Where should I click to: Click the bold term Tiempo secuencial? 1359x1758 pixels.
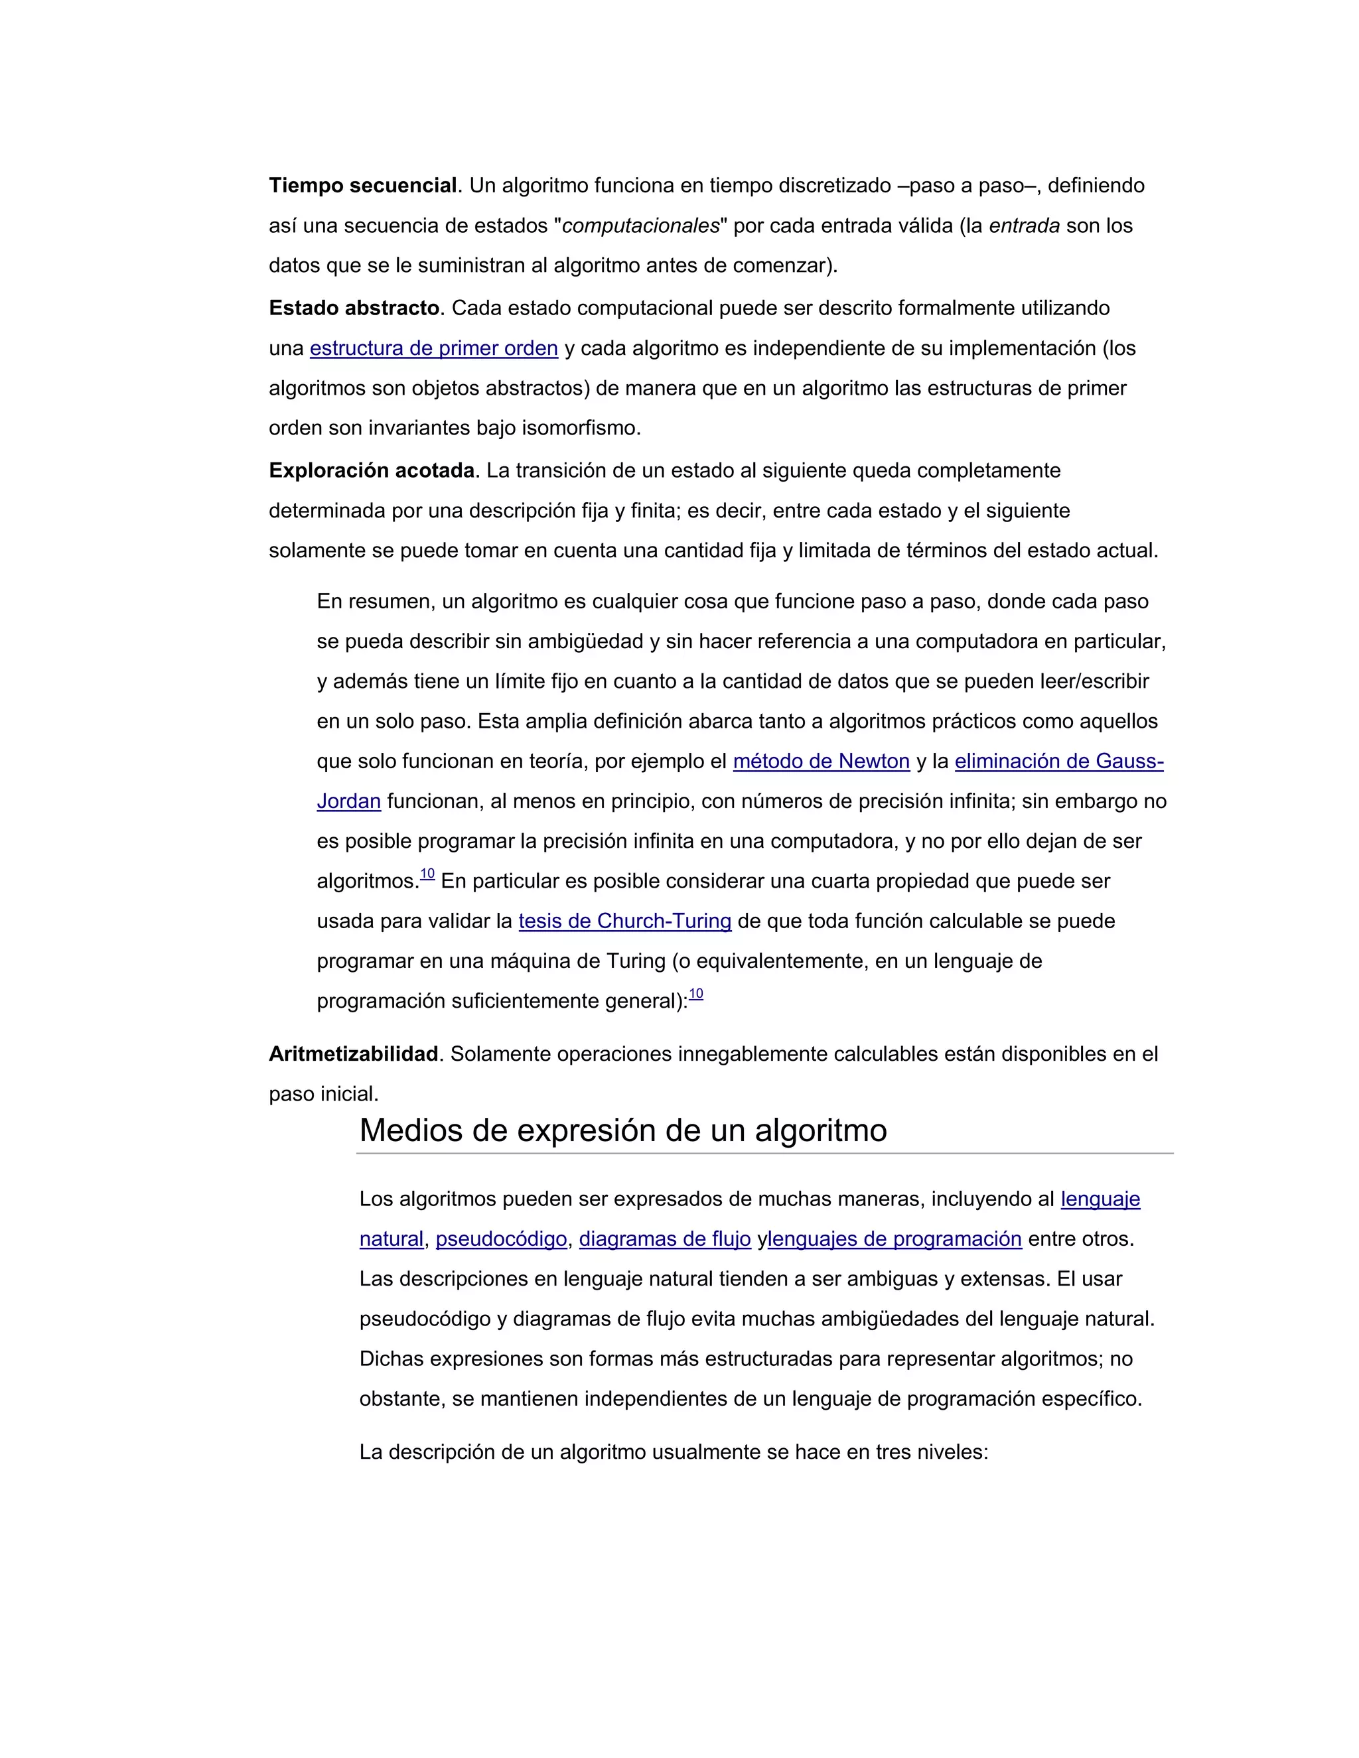pos(363,186)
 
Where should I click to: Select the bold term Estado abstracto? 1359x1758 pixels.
pos(354,308)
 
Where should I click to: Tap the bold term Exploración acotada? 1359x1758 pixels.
pos(371,471)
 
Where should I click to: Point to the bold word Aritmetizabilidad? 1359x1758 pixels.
pos(354,1055)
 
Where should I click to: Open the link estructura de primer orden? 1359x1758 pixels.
pos(433,348)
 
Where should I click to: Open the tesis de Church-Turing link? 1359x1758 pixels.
pos(624,921)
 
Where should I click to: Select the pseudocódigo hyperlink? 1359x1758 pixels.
pos(501,1239)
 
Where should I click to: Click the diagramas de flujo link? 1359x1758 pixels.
pos(664,1239)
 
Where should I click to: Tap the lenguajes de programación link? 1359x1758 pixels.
pos(894,1239)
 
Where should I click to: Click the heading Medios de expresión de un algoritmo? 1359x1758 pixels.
pos(622,1131)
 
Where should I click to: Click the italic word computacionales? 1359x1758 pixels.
pos(640,226)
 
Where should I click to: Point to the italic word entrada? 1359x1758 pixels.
pos(1023,226)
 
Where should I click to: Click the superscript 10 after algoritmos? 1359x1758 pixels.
pos(427,875)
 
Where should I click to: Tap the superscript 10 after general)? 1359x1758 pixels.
pos(695,995)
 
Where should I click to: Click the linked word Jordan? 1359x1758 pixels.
pos(348,802)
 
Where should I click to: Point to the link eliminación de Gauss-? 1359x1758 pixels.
pos(1058,762)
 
